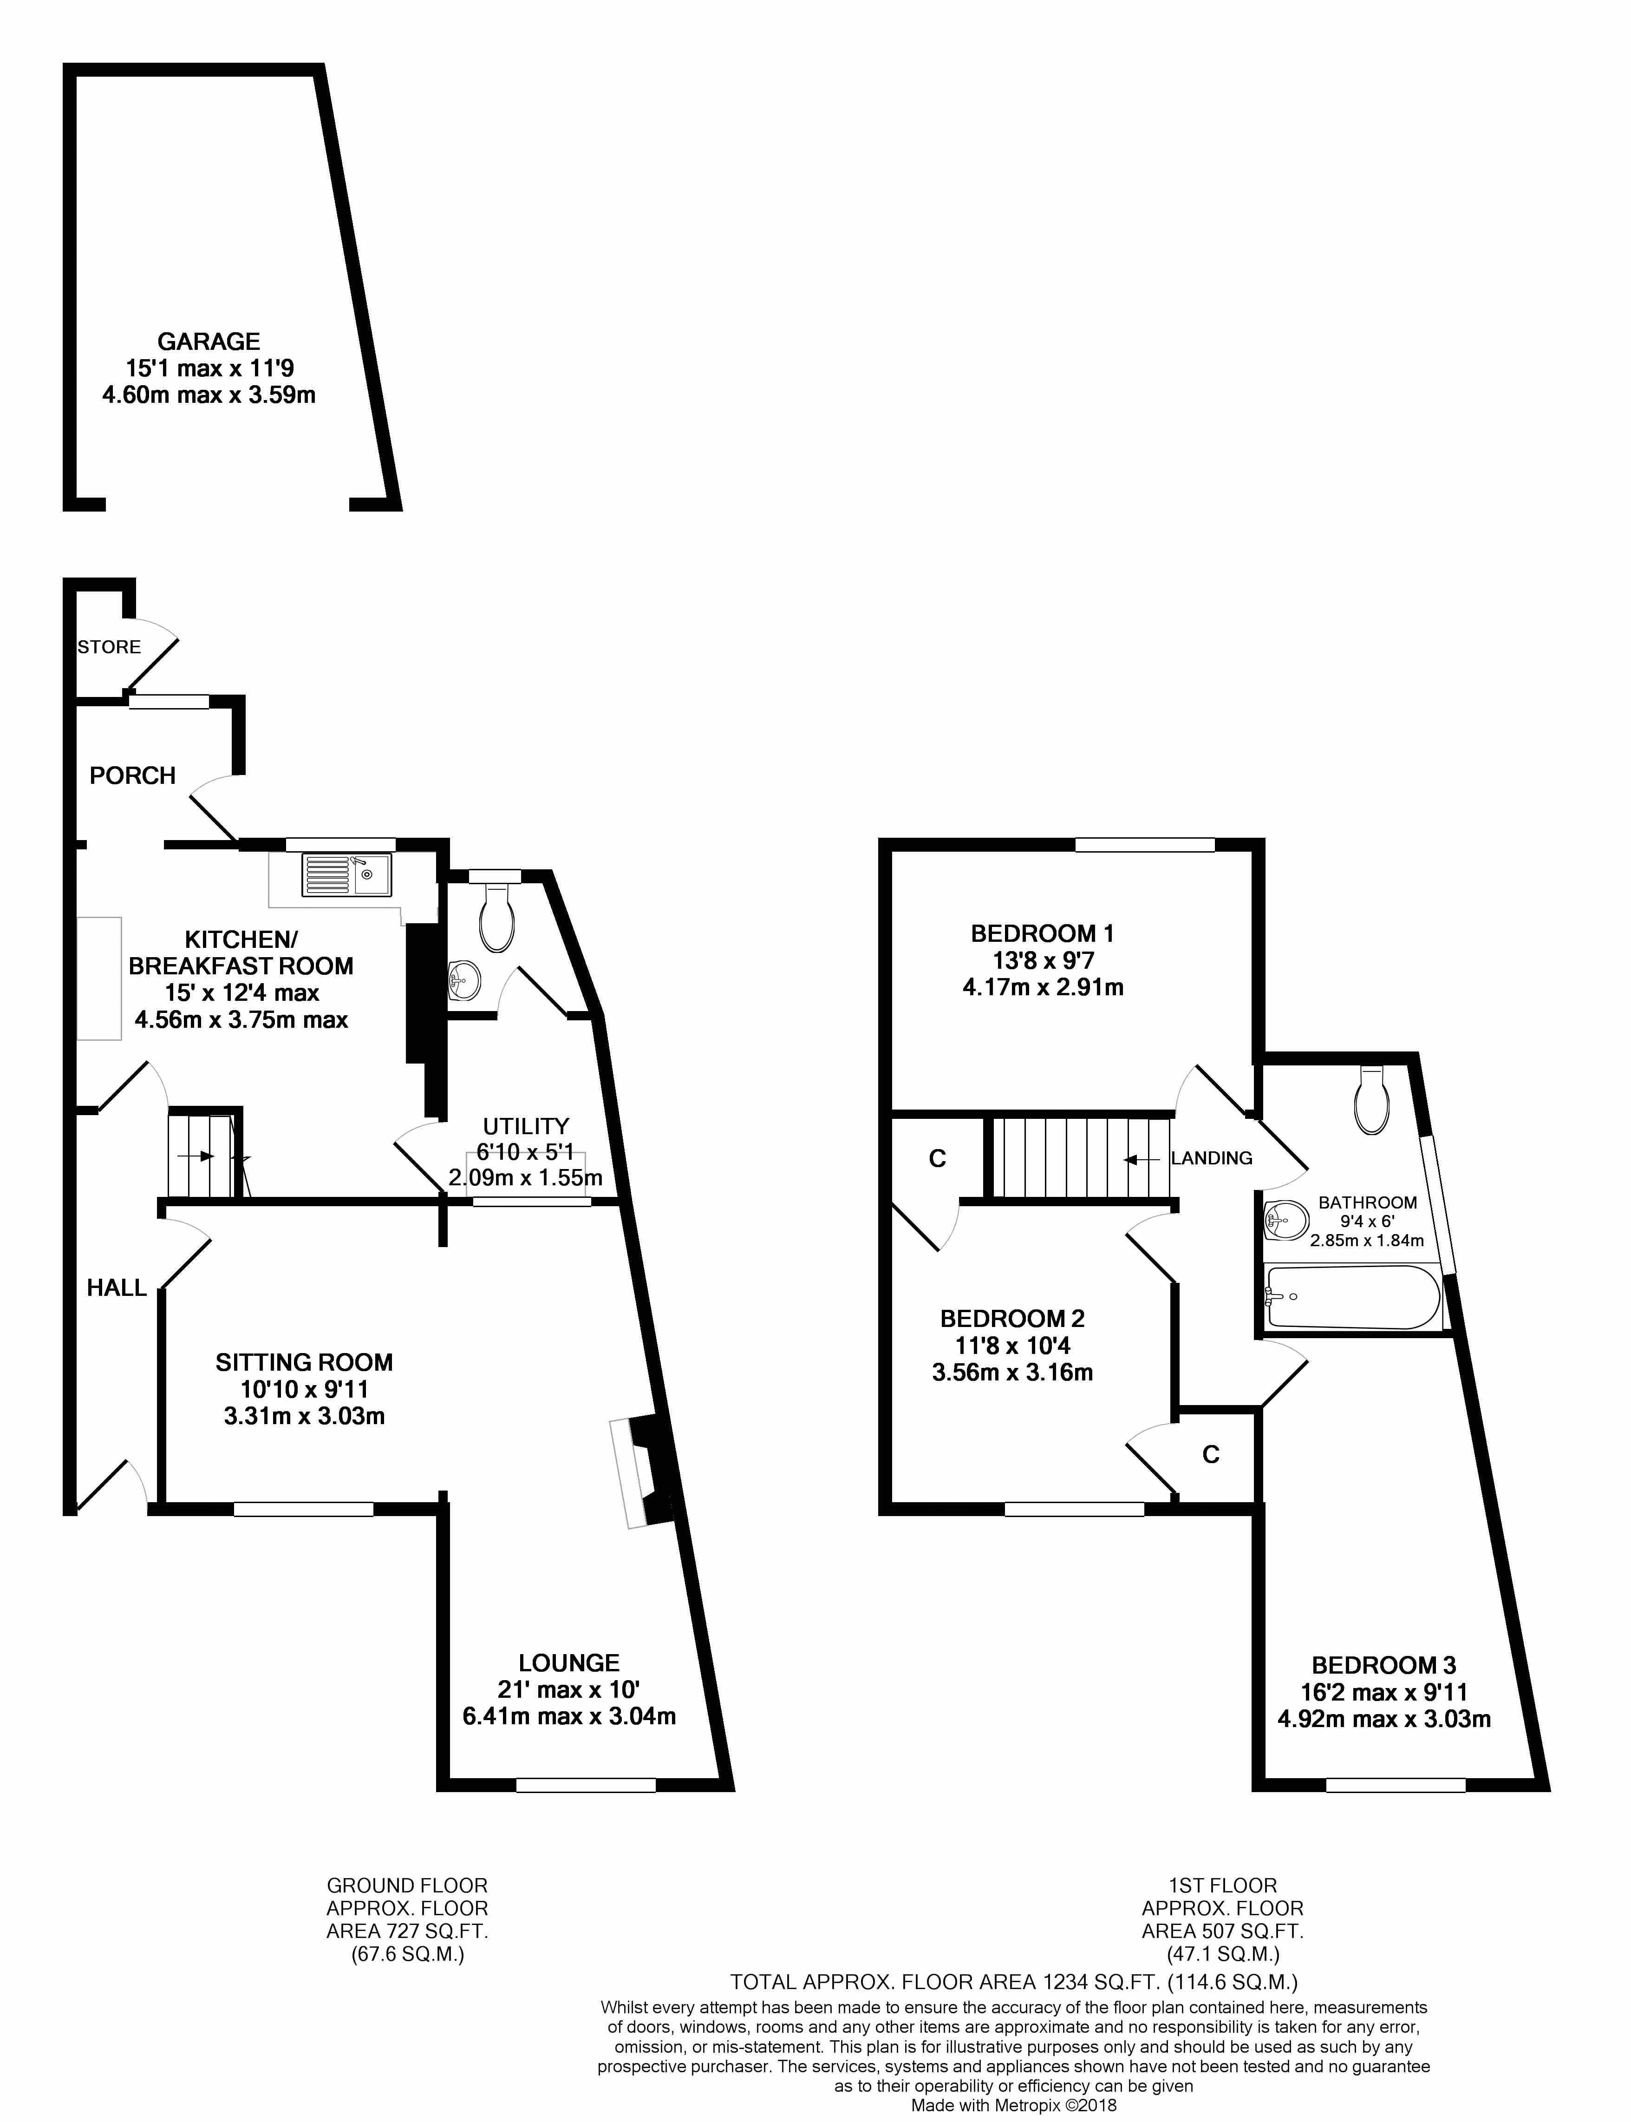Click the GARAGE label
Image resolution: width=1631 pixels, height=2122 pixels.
(209, 342)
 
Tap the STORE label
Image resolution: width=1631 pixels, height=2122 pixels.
(109, 647)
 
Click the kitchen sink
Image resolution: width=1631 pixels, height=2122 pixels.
(346, 874)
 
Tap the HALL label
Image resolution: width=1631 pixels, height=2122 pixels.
(117, 1288)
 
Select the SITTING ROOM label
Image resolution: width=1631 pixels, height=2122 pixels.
(304, 1362)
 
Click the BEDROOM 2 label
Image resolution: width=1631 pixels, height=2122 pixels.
(1012, 1319)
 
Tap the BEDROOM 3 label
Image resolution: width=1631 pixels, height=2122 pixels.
(1383, 1666)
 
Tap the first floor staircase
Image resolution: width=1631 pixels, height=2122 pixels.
(1077, 1157)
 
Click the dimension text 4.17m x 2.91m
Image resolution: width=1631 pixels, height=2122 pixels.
(1043, 988)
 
